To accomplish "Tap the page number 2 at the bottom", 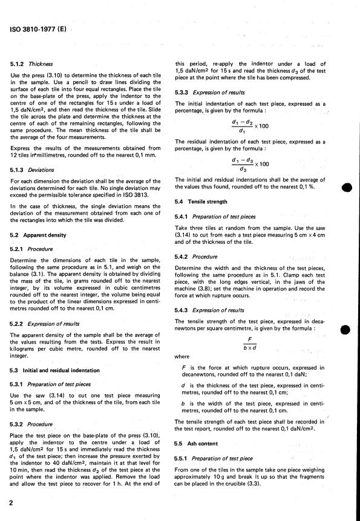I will [11, 502].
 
